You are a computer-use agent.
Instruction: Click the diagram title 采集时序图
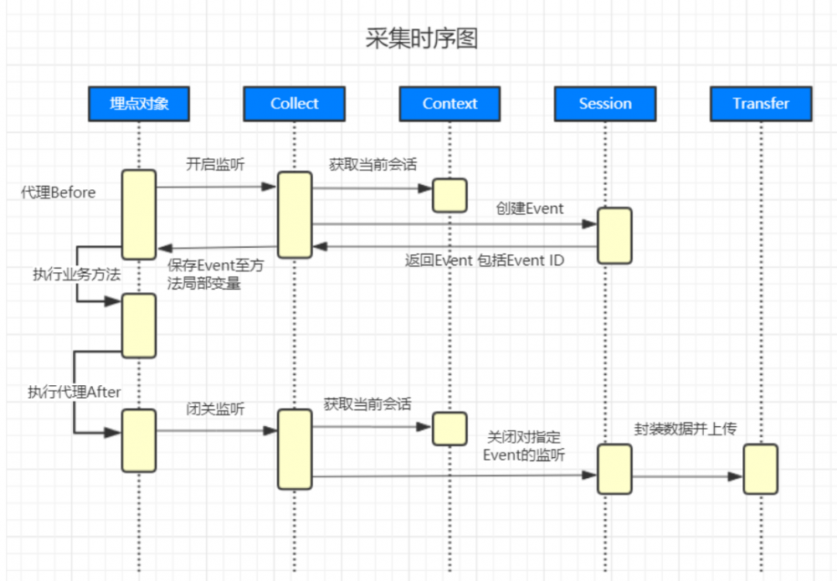click(x=422, y=39)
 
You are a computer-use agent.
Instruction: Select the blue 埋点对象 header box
click(x=139, y=104)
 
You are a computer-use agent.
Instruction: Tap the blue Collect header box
click(x=294, y=104)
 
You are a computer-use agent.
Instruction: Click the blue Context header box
click(x=449, y=104)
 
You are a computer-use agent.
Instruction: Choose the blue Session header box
click(x=604, y=104)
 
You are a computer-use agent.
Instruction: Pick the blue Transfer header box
click(x=760, y=104)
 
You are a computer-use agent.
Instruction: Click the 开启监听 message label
click(x=215, y=165)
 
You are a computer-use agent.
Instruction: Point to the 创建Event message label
click(x=530, y=208)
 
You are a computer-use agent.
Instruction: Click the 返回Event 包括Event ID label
click(x=485, y=260)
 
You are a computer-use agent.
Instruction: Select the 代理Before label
click(x=58, y=193)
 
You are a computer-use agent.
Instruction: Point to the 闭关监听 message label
click(x=215, y=409)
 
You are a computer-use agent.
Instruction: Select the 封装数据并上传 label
click(x=686, y=429)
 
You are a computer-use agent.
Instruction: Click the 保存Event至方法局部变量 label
click(x=215, y=275)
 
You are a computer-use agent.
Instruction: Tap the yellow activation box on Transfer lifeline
click(x=760, y=469)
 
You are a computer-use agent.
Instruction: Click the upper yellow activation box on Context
click(x=449, y=195)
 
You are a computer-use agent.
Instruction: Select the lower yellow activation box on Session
click(x=614, y=469)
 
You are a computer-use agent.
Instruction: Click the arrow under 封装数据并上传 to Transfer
click(x=686, y=476)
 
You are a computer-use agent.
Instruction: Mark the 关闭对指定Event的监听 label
click(x=524, y=446)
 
